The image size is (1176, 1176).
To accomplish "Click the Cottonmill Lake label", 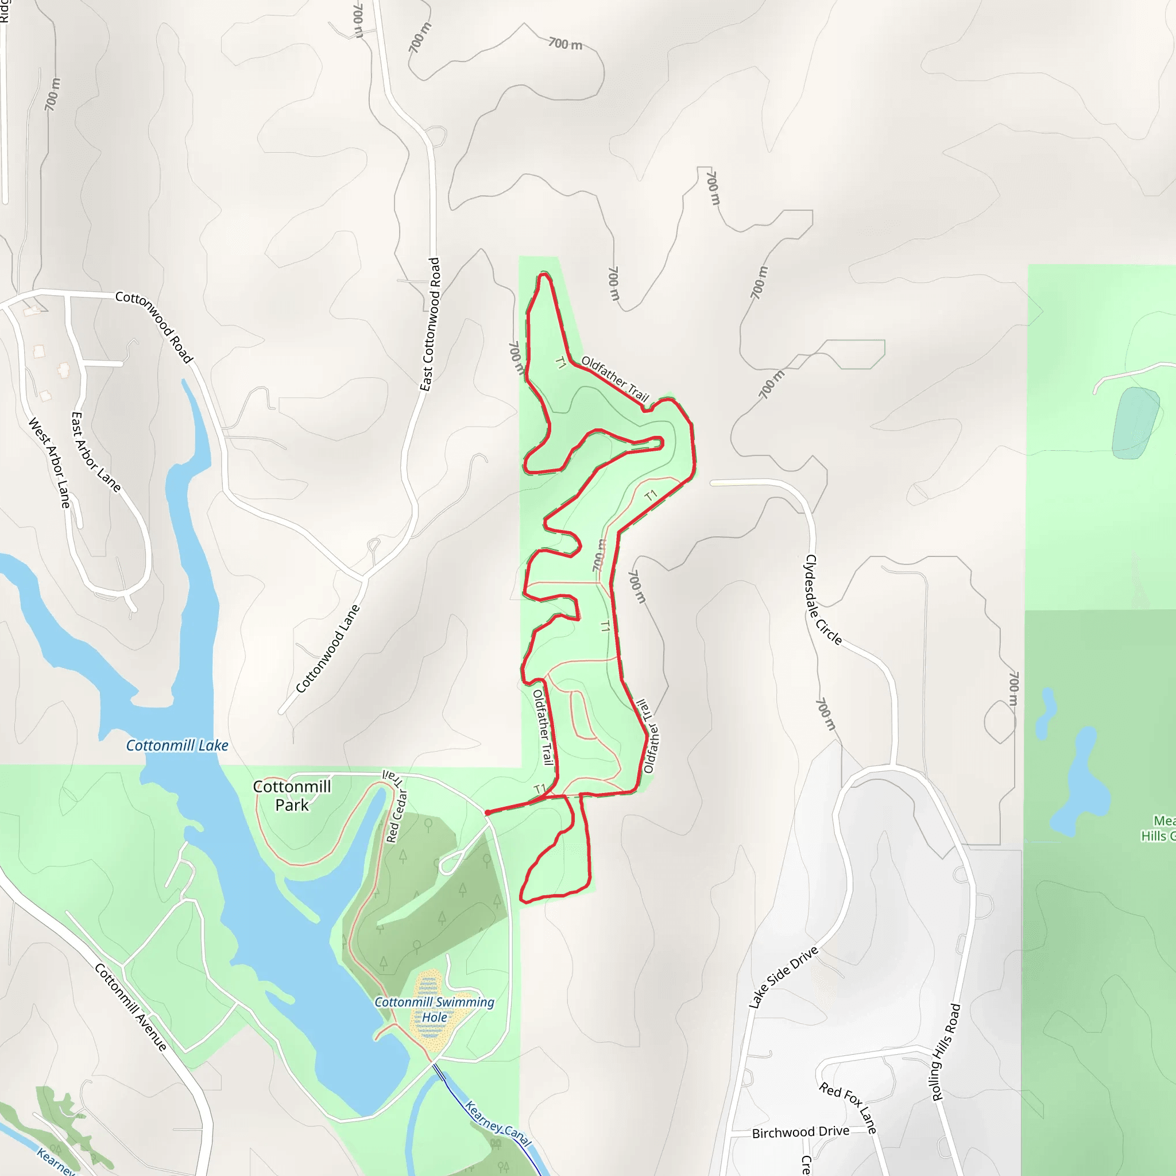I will coord(177,746).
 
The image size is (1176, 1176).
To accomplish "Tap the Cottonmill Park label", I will coord(292,795).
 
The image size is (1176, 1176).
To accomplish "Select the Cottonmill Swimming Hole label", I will coord(434,1010).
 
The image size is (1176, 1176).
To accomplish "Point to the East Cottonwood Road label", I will coord(430,324).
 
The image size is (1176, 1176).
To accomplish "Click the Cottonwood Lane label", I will coord(328,649).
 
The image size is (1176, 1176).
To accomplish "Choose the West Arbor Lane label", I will coord(50,463).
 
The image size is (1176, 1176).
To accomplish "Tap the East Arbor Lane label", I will coord(96,452).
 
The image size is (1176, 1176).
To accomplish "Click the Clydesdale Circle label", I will coord(823,599).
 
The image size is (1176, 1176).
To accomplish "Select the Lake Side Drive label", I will coord(783,977).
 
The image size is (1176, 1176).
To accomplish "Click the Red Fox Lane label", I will coord(848,1108).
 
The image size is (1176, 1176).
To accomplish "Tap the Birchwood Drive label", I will coord(800,1132).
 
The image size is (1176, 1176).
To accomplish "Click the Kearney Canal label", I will coord(498,1125).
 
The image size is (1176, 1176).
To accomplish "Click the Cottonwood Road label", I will coord(154,326).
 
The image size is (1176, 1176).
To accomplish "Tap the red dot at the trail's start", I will coord(488,813).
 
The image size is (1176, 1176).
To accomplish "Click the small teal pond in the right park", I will coord(1135,423).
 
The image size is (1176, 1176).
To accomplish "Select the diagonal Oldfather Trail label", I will coord(616,378).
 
